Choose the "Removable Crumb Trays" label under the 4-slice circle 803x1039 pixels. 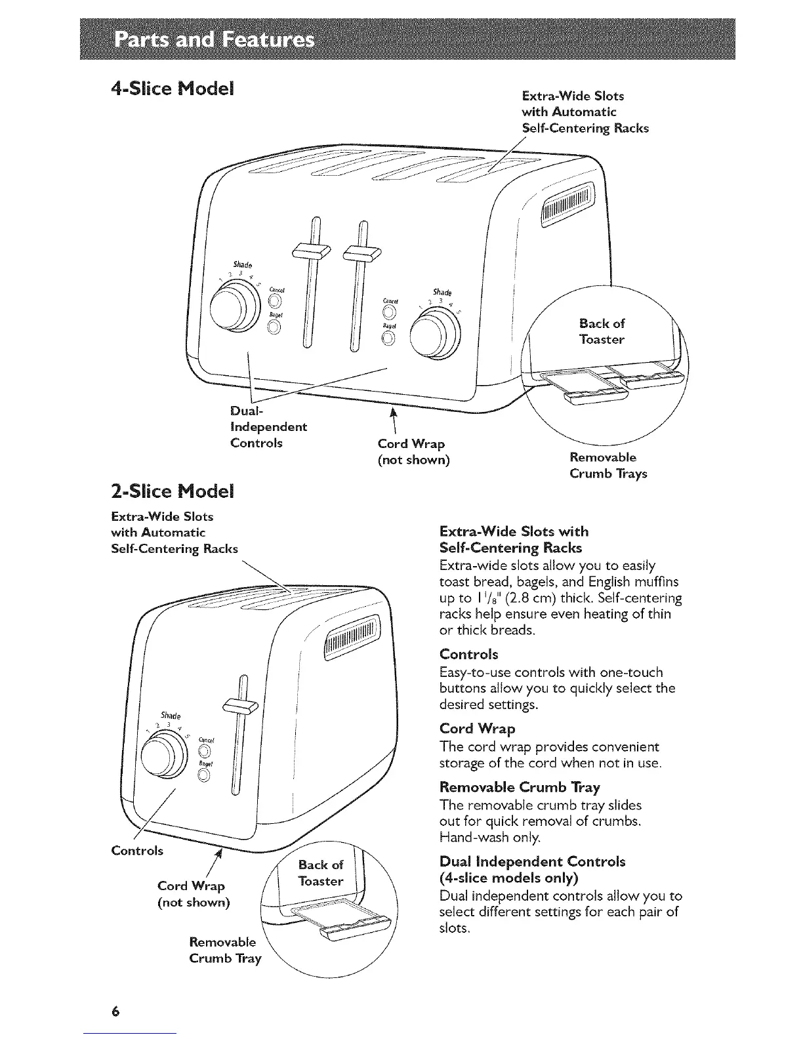click(x=607, y=465)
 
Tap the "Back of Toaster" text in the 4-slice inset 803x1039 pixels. click(x=602, y=331)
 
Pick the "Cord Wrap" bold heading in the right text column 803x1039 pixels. click(x=477, y=728)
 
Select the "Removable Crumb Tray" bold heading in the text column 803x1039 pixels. click(x=520, y=786)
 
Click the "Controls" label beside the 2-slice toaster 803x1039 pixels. click(x=137, y=851)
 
